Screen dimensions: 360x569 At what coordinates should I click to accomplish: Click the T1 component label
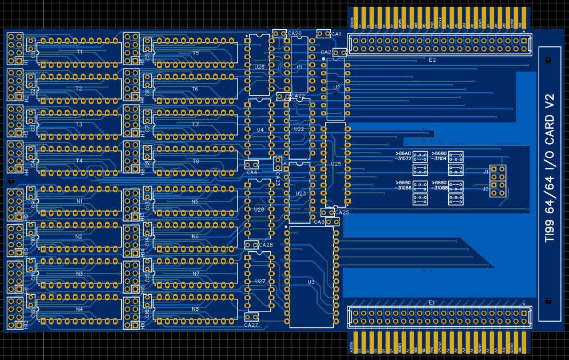tap(80, 52)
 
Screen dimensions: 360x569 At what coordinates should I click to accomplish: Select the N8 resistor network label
tap(195, 309)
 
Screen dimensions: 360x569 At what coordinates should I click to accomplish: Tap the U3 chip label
tap(311, 282)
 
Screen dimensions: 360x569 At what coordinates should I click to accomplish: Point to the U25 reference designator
tap(336, 164)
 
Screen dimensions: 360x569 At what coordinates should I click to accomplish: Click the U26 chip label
tap(259, 67)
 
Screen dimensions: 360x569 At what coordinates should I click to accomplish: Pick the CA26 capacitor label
tap(295, 33)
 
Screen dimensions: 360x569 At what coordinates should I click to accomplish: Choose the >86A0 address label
tap(403, 153)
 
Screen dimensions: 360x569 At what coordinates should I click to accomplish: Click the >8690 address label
tap(440, 182)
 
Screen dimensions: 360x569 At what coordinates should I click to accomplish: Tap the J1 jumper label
tap(486, 172)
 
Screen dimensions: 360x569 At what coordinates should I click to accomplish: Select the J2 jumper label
tap(486, 189)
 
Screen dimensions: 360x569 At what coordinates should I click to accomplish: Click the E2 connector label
tap(433, 60)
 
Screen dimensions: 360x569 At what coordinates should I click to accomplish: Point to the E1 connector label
tap(432, 302)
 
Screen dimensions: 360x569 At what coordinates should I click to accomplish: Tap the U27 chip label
tap(260, 281)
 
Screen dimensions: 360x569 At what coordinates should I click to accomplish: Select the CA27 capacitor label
tap(251, 325)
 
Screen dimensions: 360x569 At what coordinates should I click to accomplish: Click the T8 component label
tap(195, 161)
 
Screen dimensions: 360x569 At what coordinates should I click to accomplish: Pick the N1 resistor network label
tap(80, 201)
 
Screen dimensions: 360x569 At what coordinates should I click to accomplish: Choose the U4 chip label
tap(260, 130)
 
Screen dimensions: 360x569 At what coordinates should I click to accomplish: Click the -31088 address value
tap(440, 188)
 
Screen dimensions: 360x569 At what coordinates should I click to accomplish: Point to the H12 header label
tap(10, 323)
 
